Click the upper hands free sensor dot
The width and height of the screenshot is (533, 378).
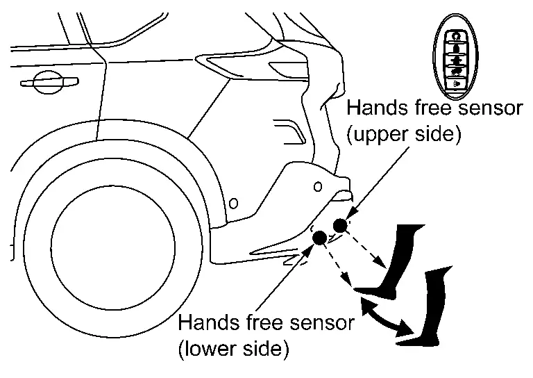coord(340,225)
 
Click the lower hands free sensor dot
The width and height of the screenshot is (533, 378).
coord(319,238)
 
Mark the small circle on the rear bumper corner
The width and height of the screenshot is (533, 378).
coord(317,186)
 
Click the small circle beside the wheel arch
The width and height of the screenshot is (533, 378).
coord(234,203)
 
